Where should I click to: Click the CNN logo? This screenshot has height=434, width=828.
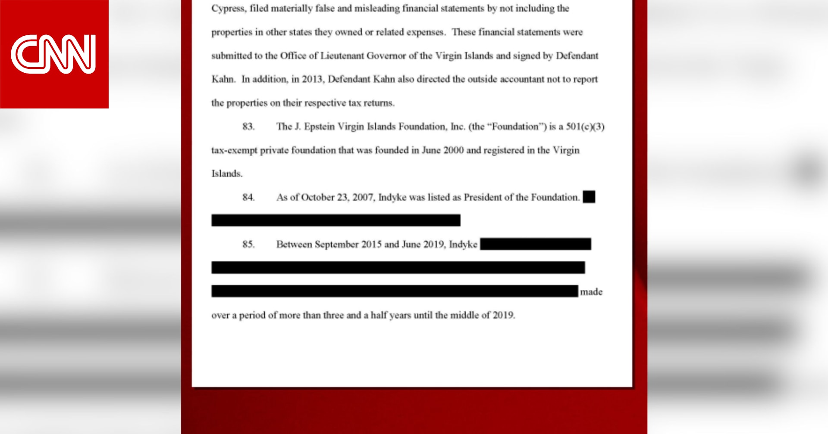pyautogui.click(x=54, y=54)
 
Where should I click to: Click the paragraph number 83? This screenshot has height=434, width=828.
pyautogui.click(x=248, y=127)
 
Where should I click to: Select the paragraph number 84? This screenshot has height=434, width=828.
pyautogui.click(x=248, y=197)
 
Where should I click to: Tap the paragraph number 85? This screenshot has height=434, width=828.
pyautogui.click(x=248, y=244)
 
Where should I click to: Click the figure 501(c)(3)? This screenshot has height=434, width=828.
pyautogui.click(x=585, y=127)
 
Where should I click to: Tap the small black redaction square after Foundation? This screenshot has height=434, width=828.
pyautogui.click(x=589, y=197)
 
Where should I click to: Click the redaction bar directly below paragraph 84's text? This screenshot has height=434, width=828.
pyautogui.click(x=336, y=220)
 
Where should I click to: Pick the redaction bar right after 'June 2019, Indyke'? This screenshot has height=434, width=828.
pyautogui.click(x=535, y=244)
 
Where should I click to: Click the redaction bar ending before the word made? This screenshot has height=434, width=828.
pyautogui.click(x=394, y=291)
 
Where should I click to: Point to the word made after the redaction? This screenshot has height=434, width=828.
pyautogui.click(x=591, y=292)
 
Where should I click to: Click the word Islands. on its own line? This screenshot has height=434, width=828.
pyautogui.click(x=227, y=174)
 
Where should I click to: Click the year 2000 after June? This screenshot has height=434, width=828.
pyautogui.click(x=453, y=150)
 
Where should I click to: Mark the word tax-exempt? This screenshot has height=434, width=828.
pyautogui.click(x=234, y=150)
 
